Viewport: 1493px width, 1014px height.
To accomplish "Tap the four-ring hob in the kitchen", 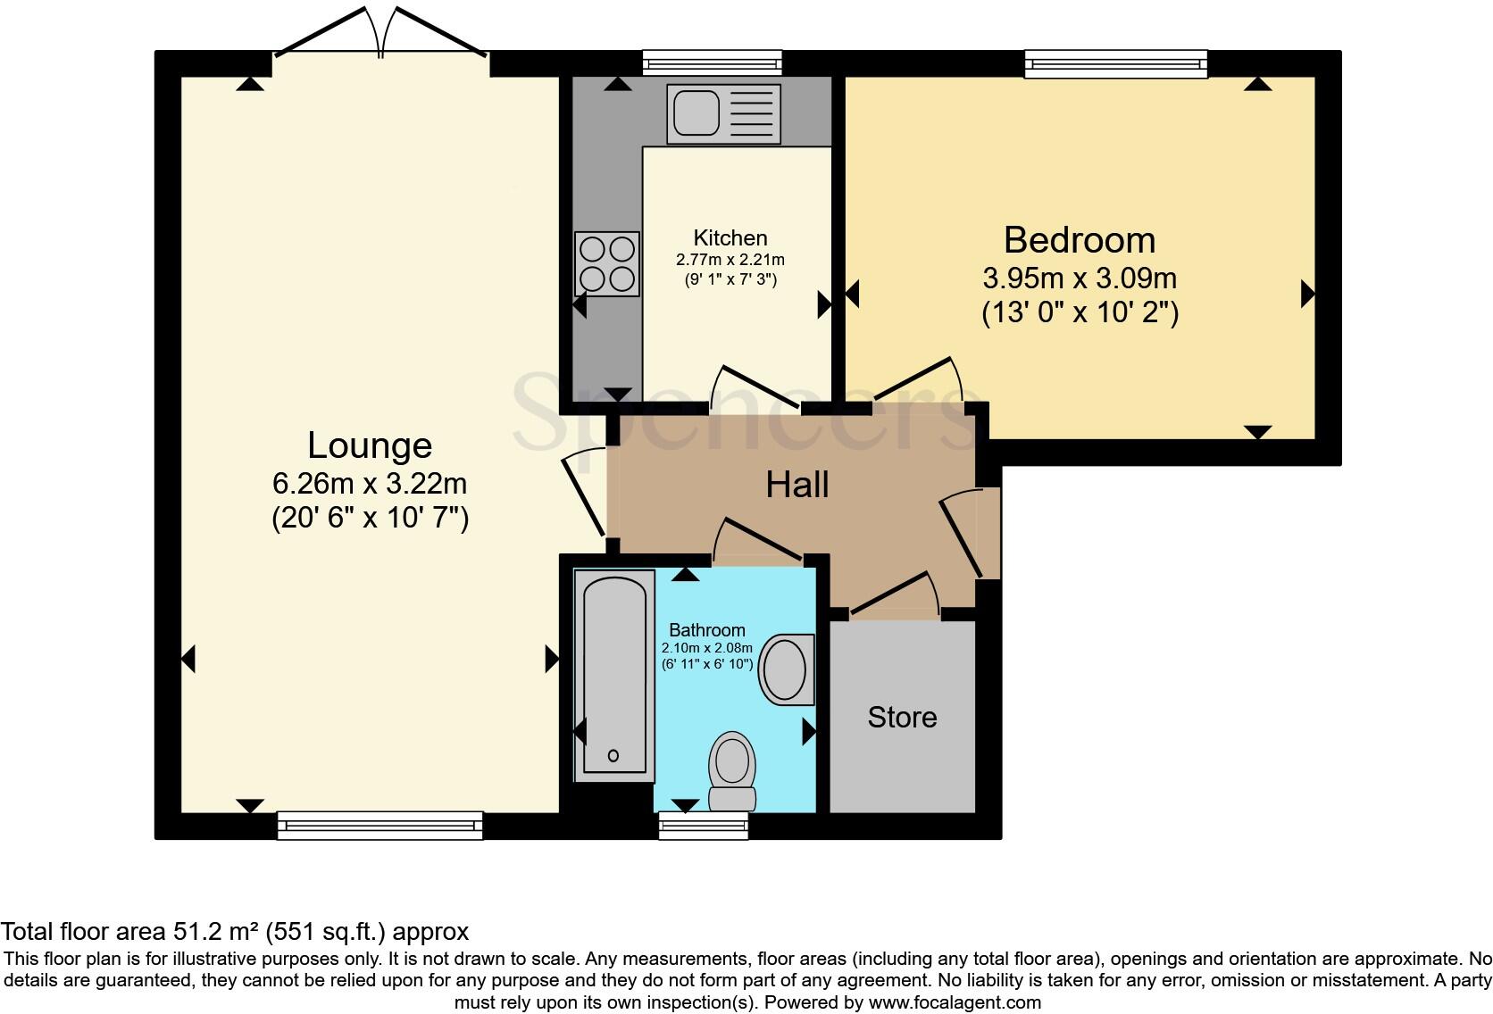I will pyautogui.click(x=607, y=263).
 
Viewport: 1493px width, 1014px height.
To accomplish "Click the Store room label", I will pyautogui.click(x=902, y=717).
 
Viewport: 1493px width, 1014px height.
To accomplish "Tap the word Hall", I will pyautogui.click(x=797, y=485).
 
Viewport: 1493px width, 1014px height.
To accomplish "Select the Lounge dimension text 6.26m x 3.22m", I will pyautogui.click(x=370, y=484).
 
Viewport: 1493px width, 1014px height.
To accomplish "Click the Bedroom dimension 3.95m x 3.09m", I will pyautogui.click(x=1080, y=278).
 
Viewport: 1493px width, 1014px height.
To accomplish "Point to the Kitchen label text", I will pyautogui.click(x=730, y=238).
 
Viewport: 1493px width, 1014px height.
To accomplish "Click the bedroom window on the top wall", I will pyautogui.click(x=1115, y=62).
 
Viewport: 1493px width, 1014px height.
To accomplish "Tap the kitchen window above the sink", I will pyautogui.click(x=712, y=62).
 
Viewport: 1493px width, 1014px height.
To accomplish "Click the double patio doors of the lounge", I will pyautogui.click(x=381, y=36).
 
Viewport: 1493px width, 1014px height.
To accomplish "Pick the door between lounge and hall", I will pyautogui.click(x=585, y=495).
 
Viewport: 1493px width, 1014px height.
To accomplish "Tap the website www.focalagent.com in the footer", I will pyautogui.click(x=954, y=1002).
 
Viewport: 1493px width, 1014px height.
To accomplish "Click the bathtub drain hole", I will pyautogui.click(x=613, y=756).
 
